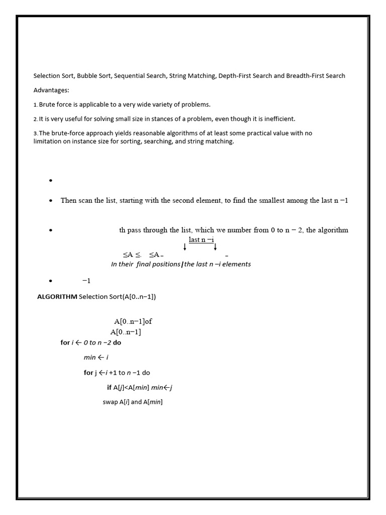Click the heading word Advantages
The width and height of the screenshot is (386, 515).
point(51,90)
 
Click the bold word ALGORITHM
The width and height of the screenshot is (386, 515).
point(57,297)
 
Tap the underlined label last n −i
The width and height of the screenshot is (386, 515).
point(201,240)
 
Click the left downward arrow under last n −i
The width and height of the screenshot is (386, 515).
point(185,247)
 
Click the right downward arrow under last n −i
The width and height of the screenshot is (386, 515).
point(215,247)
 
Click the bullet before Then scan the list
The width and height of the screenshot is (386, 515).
point(51,201)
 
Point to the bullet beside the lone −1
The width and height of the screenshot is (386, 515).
point(51,281)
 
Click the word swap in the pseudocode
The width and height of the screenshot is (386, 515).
point(110,402)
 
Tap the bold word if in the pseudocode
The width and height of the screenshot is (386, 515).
point(109,387)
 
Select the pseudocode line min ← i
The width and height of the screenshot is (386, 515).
point(96,358)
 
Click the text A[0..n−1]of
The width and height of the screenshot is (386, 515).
point(133,321)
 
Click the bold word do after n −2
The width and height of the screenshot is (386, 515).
point(117,342)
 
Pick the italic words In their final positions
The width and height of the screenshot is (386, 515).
point(145,264)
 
